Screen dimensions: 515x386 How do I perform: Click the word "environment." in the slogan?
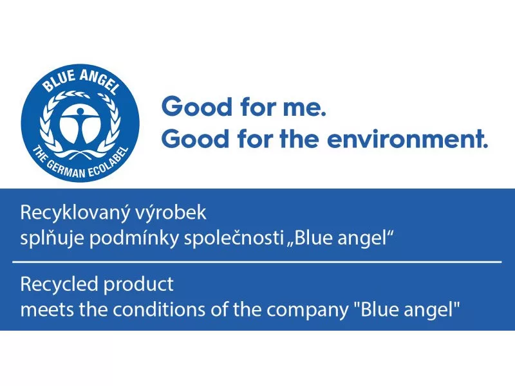click(x=407, y=139)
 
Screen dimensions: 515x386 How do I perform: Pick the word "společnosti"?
click(x=234, y=238)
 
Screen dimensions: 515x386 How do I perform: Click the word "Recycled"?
click(x=59, y=284)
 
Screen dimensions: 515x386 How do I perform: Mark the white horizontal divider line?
click(x=257, y=262)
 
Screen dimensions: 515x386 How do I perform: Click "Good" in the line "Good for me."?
click(x=197, y=107)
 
